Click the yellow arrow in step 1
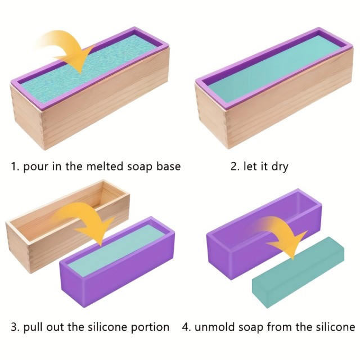[66, 51]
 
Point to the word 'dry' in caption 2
[280, 167]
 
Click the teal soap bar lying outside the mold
[298, 272]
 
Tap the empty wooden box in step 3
[67, 226]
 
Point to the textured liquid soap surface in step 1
[89, 67]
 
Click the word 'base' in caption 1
[169, 166]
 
